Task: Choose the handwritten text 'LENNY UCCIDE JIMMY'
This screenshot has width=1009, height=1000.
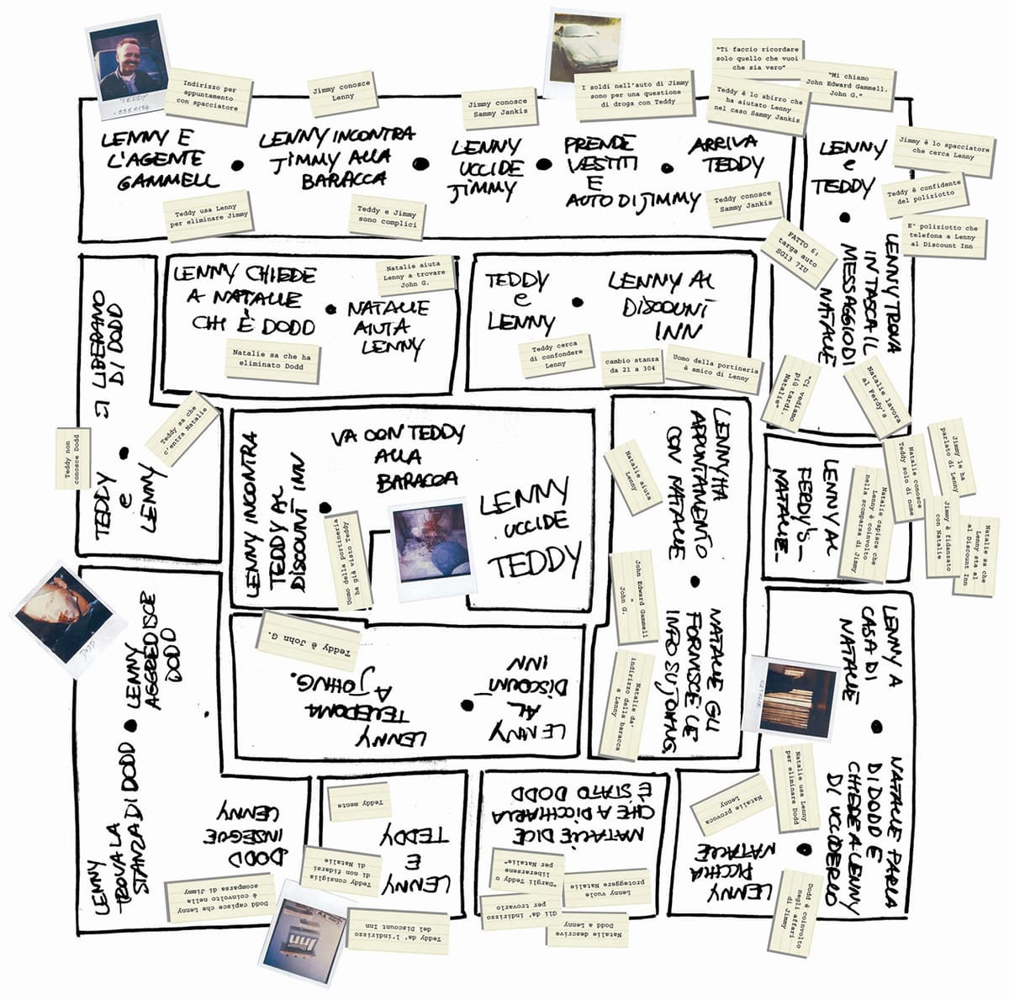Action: tap(485, 170)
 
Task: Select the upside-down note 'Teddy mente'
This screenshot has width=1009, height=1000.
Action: tap(359, 802)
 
